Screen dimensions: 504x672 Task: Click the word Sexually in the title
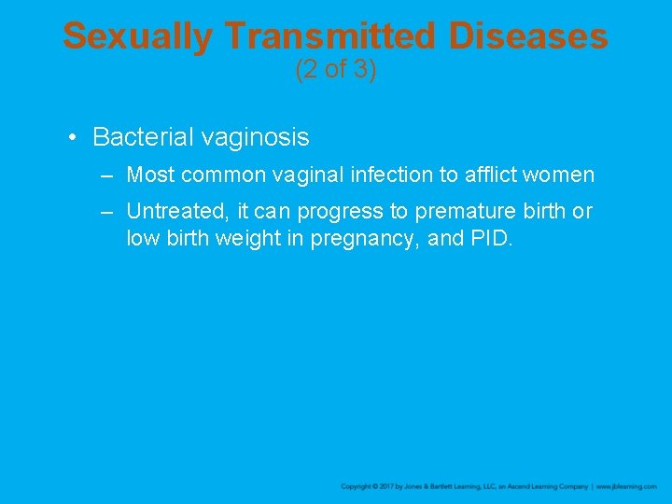138,37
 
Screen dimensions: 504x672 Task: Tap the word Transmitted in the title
330,37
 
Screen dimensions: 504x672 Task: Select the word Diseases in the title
527,37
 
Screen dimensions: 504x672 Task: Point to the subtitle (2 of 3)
335,70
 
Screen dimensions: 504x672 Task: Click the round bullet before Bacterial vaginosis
73,138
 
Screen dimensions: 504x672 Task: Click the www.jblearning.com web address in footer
626,487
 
